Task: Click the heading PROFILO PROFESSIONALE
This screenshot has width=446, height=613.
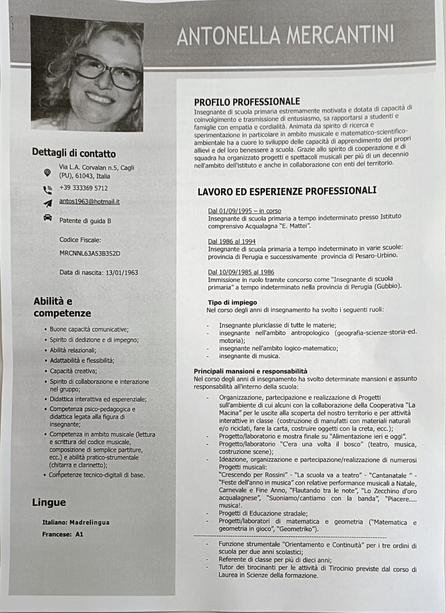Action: (x=247, y=102)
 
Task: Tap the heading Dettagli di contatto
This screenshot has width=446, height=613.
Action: (x=74, y=153)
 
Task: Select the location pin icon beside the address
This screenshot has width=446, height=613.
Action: (x=47, y=173)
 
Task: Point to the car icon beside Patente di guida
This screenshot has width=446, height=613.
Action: (x=48, y=218)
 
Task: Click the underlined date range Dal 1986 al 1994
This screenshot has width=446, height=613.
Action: (x=231, y=242)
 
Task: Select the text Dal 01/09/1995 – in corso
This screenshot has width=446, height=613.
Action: (x=244, y=211)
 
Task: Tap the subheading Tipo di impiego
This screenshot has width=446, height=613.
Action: (x=232, y=302)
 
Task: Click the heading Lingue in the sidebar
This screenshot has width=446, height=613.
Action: (x=49, y=503)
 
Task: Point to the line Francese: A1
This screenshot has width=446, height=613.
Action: (x=62, y=534)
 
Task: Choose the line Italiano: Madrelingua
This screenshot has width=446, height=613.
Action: (x=75, y=522)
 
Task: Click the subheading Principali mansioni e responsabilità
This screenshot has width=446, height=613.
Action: (x=251, y=371)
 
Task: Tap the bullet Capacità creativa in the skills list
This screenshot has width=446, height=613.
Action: (x=73, y=371)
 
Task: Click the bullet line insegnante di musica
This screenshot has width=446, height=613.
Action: (x=249, y=356)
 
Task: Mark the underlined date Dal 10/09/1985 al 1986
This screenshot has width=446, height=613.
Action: (x=241, y=272)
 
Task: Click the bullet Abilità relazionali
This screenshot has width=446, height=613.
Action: (x=73, y=350)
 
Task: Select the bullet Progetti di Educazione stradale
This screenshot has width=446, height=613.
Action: (x=263, y=513)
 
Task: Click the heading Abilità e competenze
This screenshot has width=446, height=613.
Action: (x=62, y=307)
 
